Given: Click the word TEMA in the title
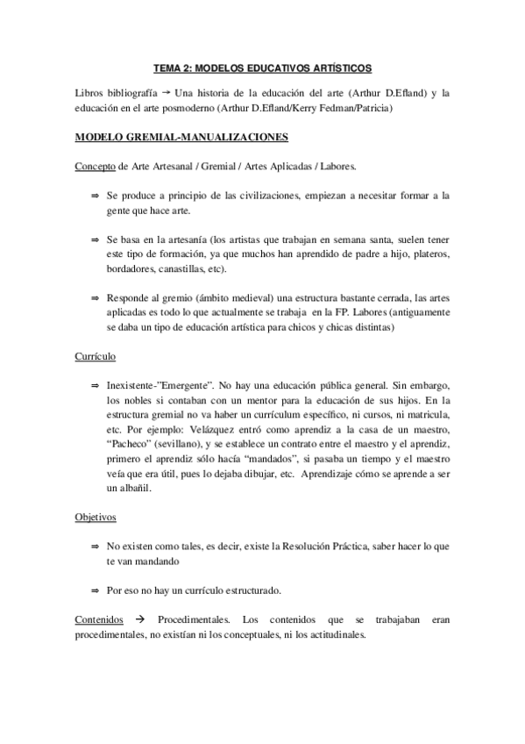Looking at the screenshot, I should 168,67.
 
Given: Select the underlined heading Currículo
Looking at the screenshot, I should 96,357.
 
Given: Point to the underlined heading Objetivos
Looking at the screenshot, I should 96,518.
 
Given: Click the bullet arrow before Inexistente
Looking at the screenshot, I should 94,385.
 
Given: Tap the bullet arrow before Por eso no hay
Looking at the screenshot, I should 94,590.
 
